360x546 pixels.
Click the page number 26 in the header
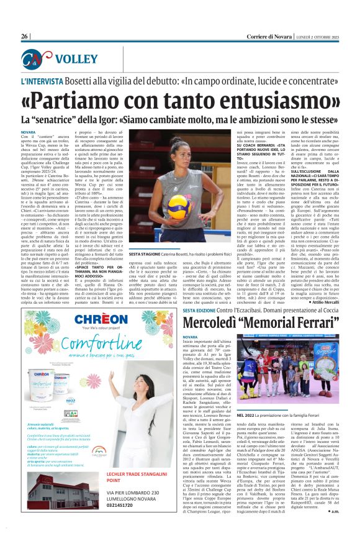click(25, 37)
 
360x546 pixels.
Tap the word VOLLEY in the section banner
click(74, 60)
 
